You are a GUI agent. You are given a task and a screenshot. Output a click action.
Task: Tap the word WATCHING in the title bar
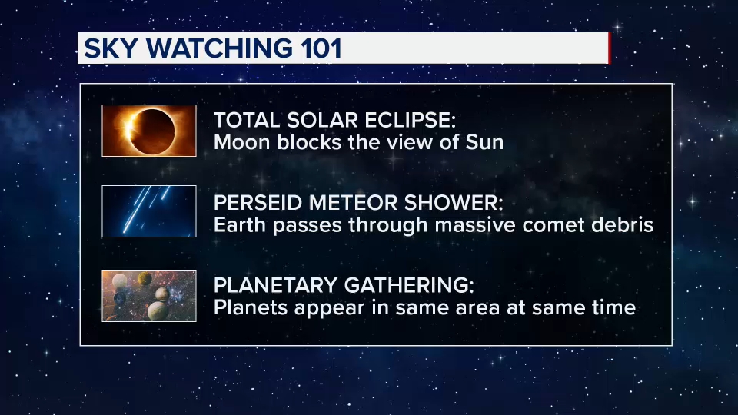coord(219,48)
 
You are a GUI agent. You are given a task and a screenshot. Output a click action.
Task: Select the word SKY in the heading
coord(111,48)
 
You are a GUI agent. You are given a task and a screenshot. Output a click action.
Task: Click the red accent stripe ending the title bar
coord(609,48)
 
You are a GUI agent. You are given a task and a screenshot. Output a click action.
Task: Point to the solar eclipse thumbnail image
coord(148,131)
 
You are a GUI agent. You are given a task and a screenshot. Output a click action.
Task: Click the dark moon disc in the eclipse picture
coord(152,131)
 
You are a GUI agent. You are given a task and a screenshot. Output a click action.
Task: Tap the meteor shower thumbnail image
coord(148,211)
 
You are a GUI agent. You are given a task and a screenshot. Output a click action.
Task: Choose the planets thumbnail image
coord(148,295)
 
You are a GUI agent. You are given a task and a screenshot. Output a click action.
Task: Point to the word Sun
coord(484,142)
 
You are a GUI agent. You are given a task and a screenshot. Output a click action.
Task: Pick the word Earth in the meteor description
coord(240,225)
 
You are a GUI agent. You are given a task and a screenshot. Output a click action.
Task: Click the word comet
coord(553,225)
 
